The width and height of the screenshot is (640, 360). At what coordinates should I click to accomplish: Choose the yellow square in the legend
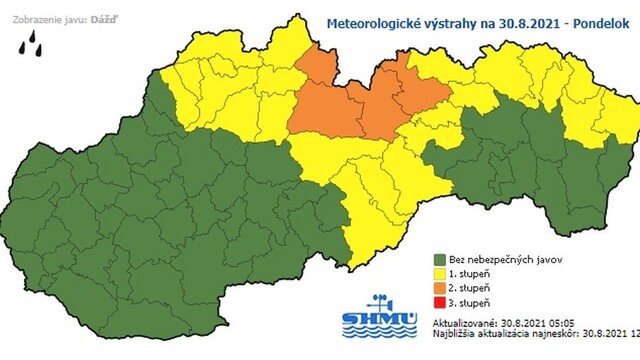click(x=439, y=273)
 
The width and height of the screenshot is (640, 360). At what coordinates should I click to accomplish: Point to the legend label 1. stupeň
click(x=473, y=273)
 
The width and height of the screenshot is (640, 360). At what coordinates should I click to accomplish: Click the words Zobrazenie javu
click(x=41, y=16)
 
